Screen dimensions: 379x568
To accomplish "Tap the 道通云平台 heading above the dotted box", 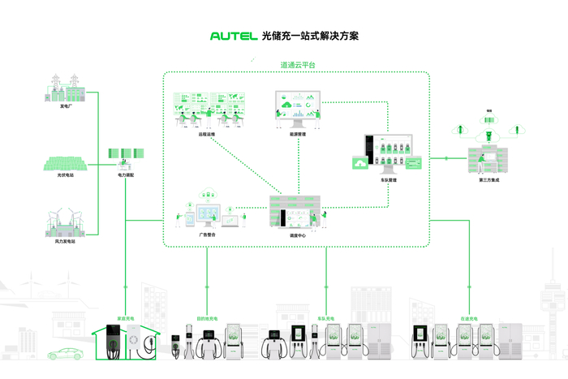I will click(x=298, y=64).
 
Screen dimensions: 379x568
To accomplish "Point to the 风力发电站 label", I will click(x=65, y=241).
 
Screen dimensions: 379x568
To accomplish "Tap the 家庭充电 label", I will click(x=127, y=318).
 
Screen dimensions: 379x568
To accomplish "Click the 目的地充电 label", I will click(x=208, y=318).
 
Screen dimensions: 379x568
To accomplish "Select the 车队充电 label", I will click(x=326, y=318).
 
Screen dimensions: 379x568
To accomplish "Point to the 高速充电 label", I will click(x=470, y=318).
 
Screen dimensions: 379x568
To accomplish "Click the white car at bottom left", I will click(x=67, y=354).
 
